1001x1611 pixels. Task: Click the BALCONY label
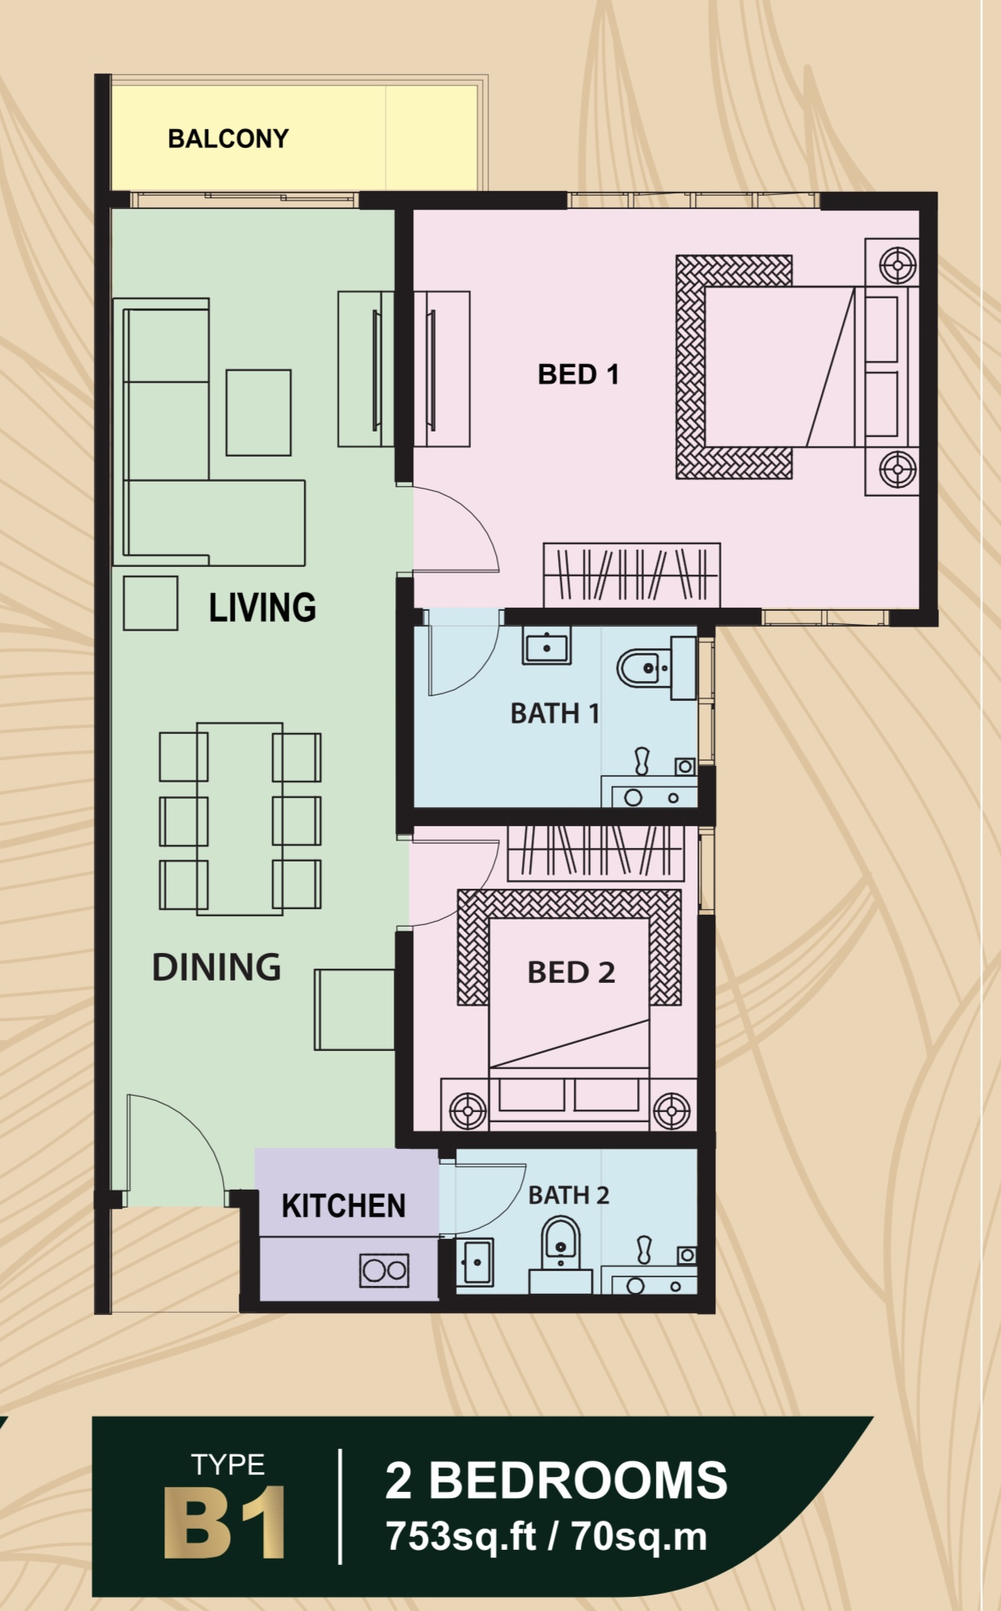pos(229,139)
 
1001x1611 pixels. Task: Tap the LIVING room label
pos(262,608)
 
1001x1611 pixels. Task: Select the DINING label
pos(216,967)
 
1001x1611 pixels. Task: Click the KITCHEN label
pos(344,1206)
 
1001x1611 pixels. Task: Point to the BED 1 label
pos(578,374)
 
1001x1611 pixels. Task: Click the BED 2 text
pos(571,973)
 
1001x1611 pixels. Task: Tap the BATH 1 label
pos(555,713)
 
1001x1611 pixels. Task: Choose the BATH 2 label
pos(568,1195)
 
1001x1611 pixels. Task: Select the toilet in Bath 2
pos(560,1255)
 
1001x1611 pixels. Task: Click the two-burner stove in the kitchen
pos(384,1270)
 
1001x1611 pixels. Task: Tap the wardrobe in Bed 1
pos(632,575)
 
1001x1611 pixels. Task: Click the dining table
pos(239,818)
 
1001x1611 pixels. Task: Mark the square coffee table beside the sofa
pos(258,413)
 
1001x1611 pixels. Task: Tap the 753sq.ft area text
pos(460,1537)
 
